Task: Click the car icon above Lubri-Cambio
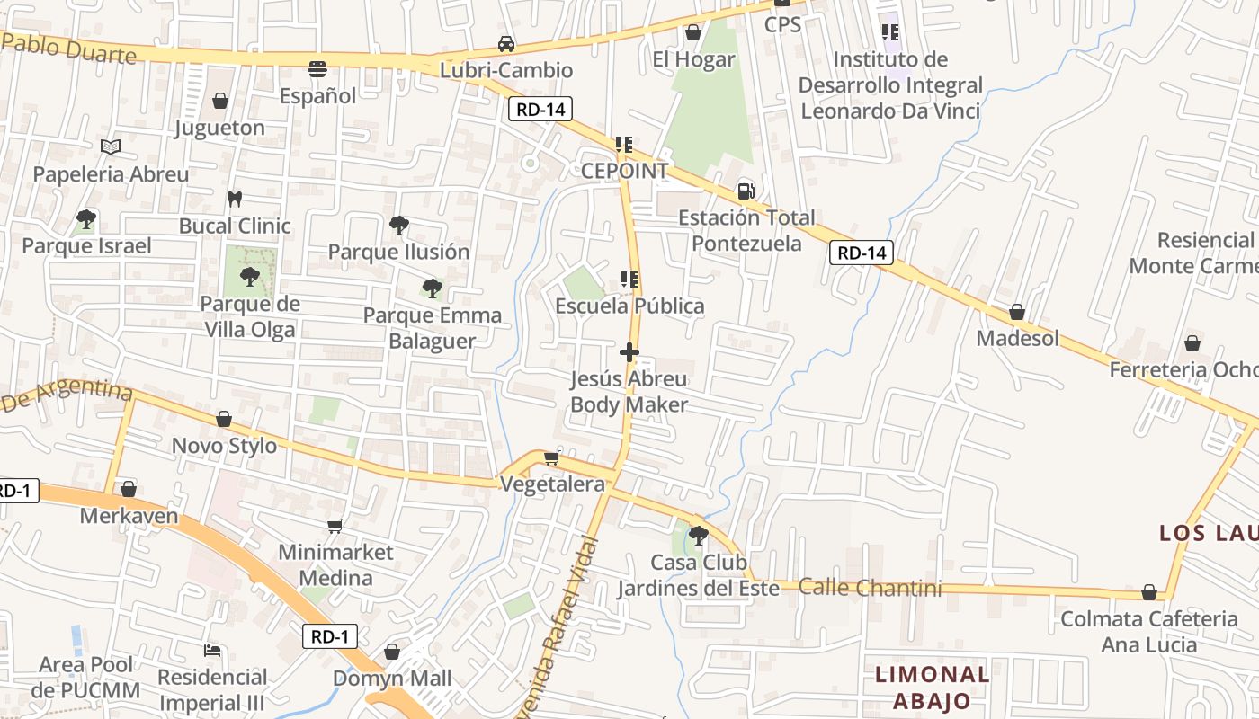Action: (506, 43)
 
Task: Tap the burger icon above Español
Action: (317, 68)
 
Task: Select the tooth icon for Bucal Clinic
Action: (235, 199)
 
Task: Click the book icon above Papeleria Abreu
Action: (111, 146)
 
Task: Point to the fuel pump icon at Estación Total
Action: (746, 191)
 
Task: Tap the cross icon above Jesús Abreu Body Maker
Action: (629, 351)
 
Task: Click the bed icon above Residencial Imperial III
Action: (212, 650)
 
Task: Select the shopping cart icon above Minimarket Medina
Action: (335, 525)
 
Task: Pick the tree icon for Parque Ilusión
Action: (398, 225)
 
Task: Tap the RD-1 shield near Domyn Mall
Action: (329, 636)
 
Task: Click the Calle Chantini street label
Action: (870, 589)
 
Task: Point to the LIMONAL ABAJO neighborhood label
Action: (932, 688)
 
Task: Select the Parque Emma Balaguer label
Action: (433, 328)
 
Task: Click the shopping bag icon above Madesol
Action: (1017, 312)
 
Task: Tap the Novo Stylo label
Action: (224, 446)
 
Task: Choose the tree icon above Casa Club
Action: (697, 536)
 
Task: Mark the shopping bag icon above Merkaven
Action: (129, 489)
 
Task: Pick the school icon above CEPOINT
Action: (624, 144)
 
